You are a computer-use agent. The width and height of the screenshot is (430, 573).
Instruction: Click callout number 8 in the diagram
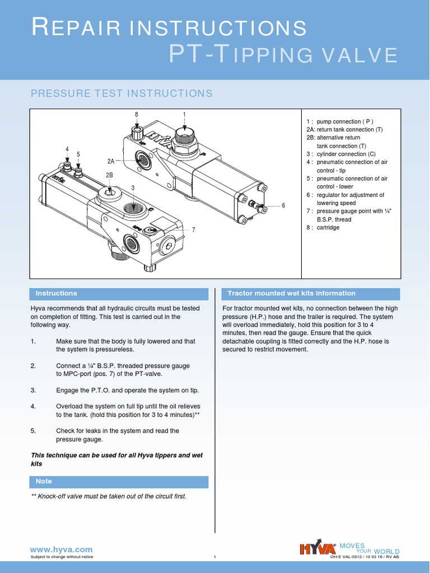[136, 114]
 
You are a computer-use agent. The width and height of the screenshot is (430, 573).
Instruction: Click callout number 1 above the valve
[184, 114]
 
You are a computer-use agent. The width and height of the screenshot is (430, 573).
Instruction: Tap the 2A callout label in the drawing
[111, 161]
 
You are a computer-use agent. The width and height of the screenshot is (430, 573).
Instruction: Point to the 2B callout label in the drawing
[109, 175]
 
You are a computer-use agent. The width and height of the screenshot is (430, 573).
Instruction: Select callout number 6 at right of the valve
[283, 205]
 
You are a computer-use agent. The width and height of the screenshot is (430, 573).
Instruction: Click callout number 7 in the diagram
[193, 230]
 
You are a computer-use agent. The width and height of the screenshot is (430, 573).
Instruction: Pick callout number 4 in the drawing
[67, 149]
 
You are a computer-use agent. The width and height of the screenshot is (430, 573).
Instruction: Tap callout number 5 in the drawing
[78, 154]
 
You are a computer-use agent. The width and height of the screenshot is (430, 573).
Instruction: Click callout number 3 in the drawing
[133, 187]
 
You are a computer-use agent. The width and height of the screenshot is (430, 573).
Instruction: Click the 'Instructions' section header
[56, 293]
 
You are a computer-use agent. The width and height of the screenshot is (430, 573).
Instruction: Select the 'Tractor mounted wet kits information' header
[291, 293]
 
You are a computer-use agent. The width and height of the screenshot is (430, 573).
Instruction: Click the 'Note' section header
[44, 481]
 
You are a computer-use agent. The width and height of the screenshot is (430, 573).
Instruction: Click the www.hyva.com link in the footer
[62, 549]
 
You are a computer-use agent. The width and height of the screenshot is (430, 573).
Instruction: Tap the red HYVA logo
[318, 548]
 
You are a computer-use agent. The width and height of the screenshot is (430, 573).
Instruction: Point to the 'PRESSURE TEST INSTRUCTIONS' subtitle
[121, 93]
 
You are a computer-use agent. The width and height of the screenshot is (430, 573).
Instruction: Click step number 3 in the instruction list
[33, 390]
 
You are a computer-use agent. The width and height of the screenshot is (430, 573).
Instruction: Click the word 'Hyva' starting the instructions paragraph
[39, 308]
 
